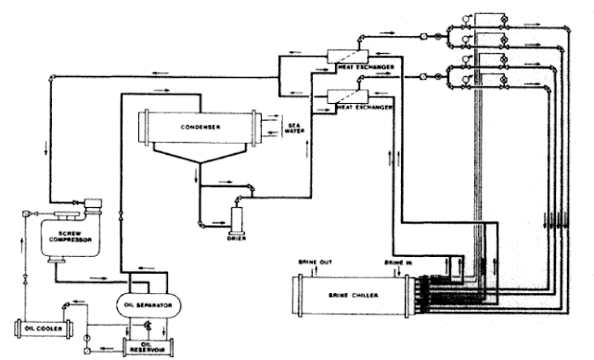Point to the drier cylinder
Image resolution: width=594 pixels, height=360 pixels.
(x=236, y=221)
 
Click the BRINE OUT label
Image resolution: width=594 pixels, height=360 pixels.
(x=310, y=264)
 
